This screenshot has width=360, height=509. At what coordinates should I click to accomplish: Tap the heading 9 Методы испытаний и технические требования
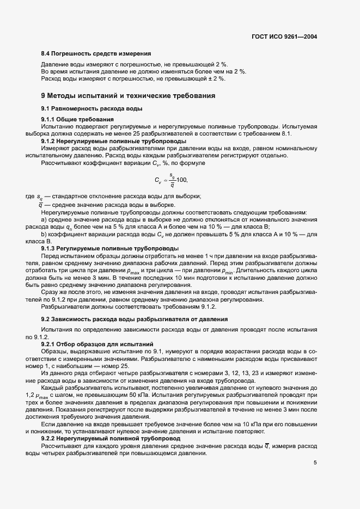click(x=124, y=96)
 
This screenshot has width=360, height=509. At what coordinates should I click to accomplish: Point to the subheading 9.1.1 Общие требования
click(x=77, y=119)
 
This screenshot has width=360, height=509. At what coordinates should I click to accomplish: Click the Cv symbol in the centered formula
click(x=158, y=181)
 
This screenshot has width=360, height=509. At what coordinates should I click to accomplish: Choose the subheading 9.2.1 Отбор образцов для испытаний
click(x=97, y=344)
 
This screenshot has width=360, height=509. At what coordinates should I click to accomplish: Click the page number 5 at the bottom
click(x=315, y=463)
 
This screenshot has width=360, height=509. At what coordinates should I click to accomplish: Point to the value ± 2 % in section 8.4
click(x=216, y=78)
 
